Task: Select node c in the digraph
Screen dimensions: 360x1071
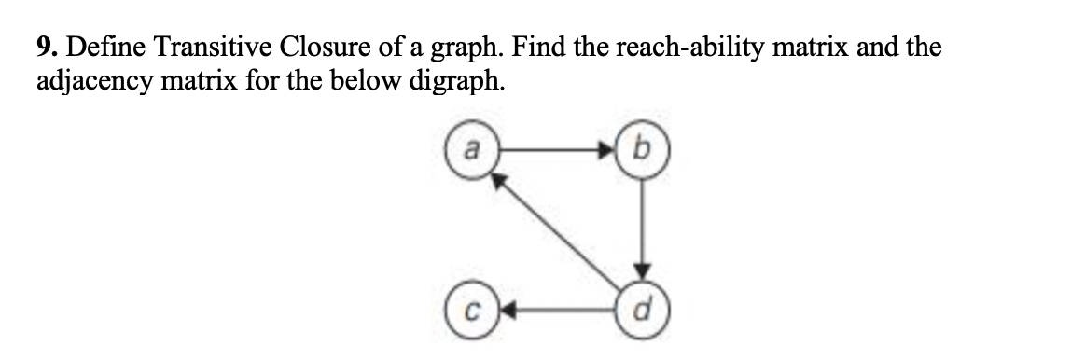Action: click(471, 309)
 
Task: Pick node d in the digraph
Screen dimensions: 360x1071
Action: click(641, 309)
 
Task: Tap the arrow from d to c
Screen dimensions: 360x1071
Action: click(556, 309)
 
